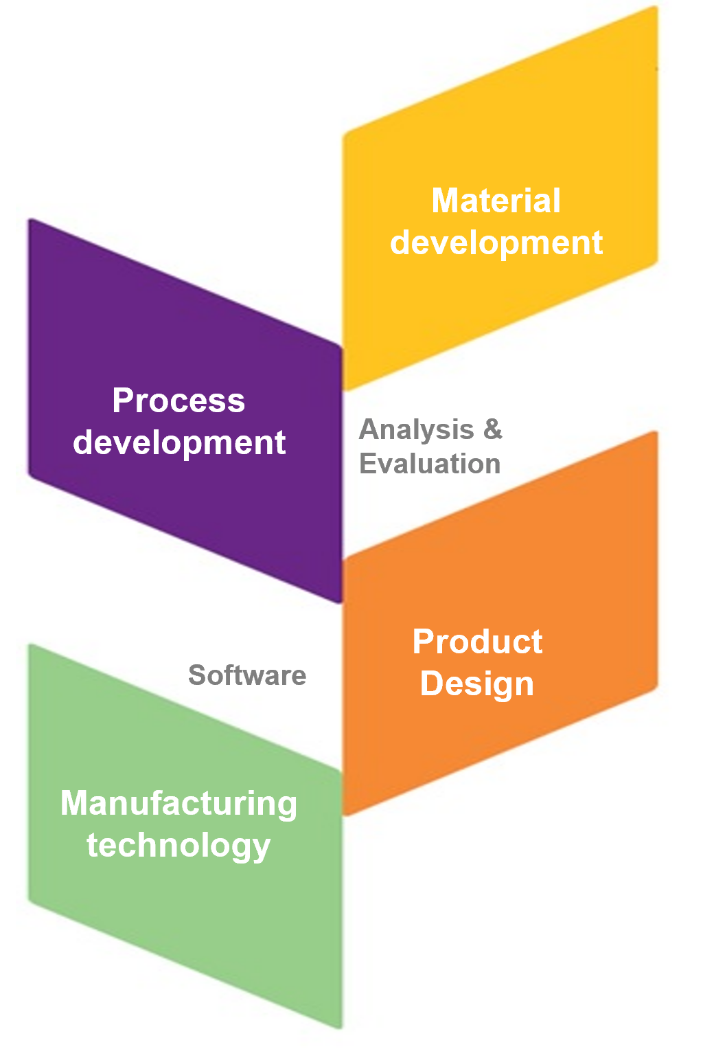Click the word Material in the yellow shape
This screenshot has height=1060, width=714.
pyautogui.click(x=496, y=201)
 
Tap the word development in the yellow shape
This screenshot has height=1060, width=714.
pyautogui.click(x=496, y=243)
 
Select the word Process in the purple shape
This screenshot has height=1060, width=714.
pyautogui.click(x=178, y=401)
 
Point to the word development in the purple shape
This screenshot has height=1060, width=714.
pyautogui.click(x=178, y=442)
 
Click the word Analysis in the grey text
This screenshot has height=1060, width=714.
pyautogui.click(x=417, y=430)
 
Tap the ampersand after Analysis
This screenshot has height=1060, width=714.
pyautogui.click(x=493, y=429)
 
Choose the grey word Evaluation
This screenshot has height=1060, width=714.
pyautogui.click(x=430, y=463)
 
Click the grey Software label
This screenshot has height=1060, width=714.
pyautogui.click(x=247, y=675)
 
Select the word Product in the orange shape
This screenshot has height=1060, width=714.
pyautogui.click(x=477, y=642)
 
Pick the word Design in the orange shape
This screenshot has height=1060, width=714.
pyautogui.click(x=477, y=684)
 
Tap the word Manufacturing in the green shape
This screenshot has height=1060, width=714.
pyautogui.click(x=178, y=804)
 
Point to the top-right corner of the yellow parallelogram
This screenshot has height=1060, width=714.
pyautogui.click(x=656, y=8)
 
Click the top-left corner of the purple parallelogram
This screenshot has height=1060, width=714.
pyautogui.click(x=30, y=220)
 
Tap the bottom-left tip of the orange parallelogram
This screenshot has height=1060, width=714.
pyautogui.click(x=345, y=815)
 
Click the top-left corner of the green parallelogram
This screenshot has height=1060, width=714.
pyautogui.click(x=30, y=646)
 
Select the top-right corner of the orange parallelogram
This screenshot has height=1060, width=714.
pyautogui.click(x=656, y=433)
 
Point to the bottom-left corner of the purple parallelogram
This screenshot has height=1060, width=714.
pyautogui.click(x=30, y=475)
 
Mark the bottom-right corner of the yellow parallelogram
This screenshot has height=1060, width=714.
pyautogui.click(x=657, y=262)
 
